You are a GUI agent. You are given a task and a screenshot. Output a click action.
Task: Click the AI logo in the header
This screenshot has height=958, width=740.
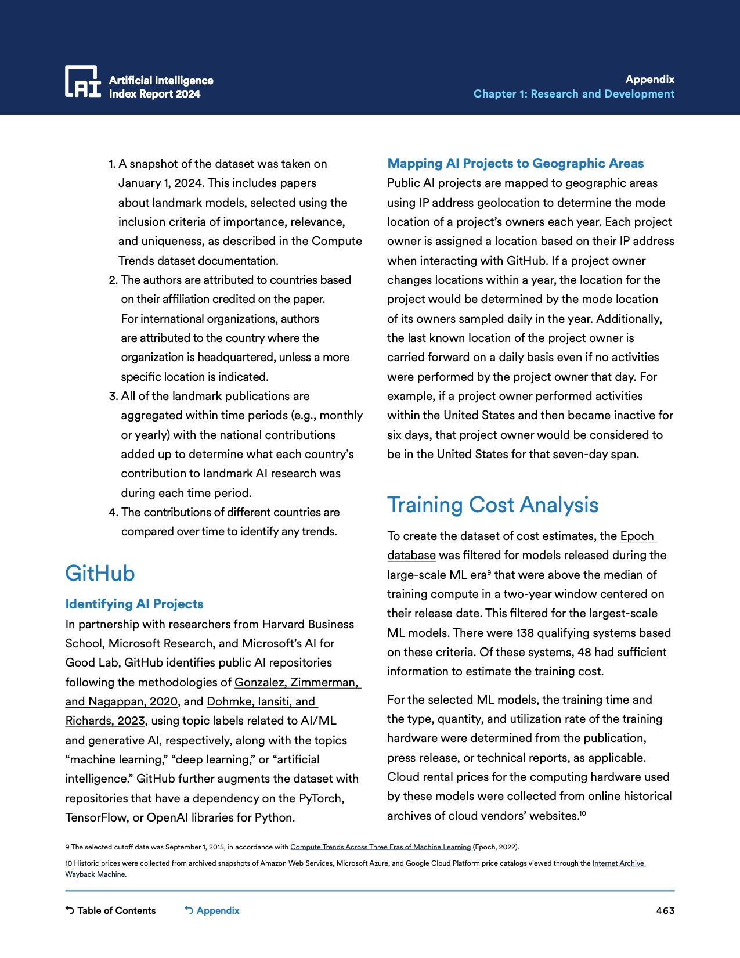coord(82,81)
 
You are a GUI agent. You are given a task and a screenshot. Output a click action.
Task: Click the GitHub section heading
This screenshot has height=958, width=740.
coord(100,573)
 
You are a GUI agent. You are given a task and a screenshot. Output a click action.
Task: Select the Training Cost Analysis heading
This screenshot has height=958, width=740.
coord(492,505)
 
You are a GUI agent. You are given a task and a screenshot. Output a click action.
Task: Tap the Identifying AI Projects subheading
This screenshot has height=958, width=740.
coord(134,604)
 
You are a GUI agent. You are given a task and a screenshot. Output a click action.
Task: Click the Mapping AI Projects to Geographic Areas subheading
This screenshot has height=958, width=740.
coord(515,163)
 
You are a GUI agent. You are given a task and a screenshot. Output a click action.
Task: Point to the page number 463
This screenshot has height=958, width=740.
coord(665,910)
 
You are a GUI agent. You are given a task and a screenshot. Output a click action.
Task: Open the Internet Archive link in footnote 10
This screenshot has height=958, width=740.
coord(619,863)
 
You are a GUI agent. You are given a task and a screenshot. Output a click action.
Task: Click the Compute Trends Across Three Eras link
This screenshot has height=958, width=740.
coord(380,847)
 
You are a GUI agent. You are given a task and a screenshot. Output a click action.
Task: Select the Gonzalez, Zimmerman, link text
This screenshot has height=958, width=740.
coord(297,682)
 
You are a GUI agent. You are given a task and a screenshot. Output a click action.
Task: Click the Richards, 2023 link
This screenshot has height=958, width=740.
coord(105,721)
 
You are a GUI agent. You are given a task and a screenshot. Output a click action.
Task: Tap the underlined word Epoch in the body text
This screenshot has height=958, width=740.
coord(637,536)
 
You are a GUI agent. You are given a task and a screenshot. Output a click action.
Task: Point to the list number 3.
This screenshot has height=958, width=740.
coord(113,396)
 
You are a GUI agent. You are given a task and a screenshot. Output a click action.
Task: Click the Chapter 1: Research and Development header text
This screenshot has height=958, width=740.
coord(573,94)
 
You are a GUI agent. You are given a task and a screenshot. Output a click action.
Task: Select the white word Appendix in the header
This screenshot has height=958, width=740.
coord(649,79)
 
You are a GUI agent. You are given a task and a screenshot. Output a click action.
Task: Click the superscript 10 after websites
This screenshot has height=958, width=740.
coord(583,813)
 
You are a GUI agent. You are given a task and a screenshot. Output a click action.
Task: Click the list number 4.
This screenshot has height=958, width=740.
coord(113,512)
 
